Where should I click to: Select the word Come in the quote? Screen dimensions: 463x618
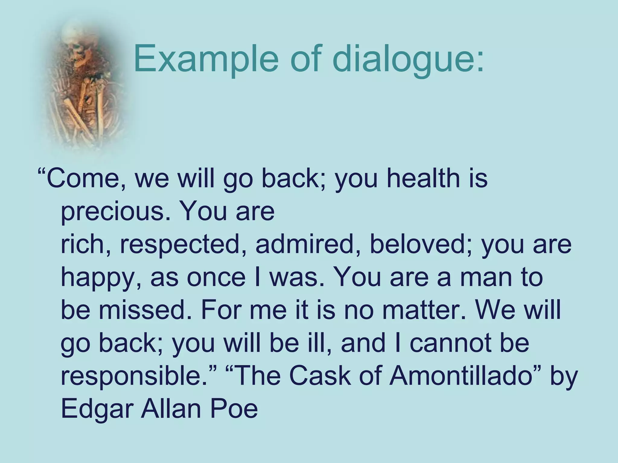(x=83, y=178)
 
